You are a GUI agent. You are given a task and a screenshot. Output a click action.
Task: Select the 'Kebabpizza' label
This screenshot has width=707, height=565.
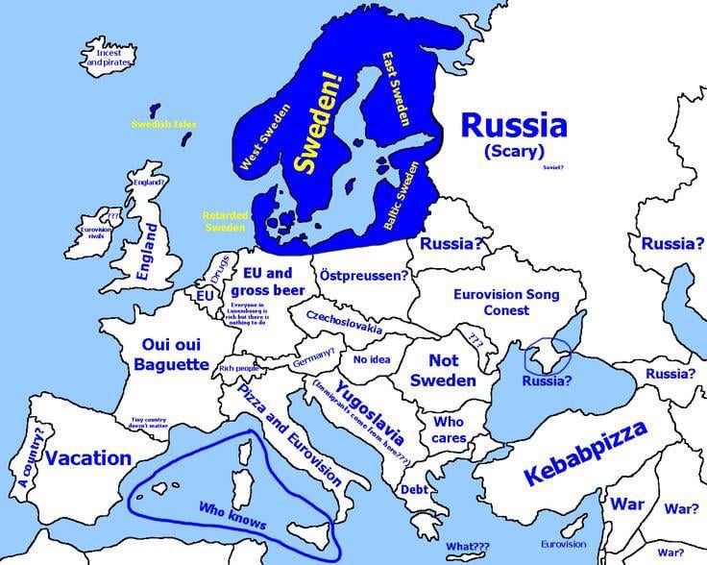(586, 451)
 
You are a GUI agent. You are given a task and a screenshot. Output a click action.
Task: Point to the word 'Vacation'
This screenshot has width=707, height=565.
(88, 457)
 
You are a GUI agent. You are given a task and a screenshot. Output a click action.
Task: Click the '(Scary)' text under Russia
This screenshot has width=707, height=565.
(514, 152)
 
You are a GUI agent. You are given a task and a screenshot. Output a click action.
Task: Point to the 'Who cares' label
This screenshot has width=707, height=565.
(449, 430)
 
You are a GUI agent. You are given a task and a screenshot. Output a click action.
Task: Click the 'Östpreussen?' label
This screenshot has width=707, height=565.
(363, 275)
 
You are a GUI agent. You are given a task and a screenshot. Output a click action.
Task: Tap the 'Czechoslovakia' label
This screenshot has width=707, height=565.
(344, 323)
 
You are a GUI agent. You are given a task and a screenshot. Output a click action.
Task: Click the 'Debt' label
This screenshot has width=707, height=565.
(415, 489)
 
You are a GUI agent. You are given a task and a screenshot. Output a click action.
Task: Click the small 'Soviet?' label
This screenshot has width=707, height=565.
(553, 167)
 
